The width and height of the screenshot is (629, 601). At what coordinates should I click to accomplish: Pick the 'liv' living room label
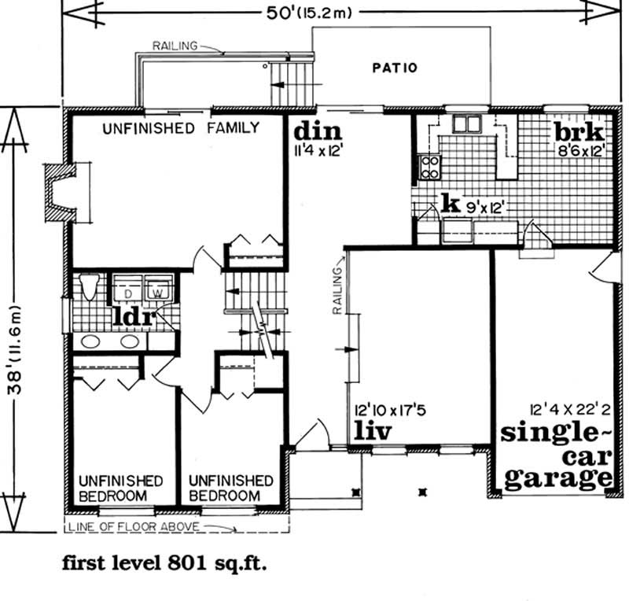371,431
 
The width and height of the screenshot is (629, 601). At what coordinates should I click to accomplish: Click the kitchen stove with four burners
431,166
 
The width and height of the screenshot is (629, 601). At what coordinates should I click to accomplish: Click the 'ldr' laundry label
134,316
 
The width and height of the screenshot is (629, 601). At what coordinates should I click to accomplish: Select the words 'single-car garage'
557,455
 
